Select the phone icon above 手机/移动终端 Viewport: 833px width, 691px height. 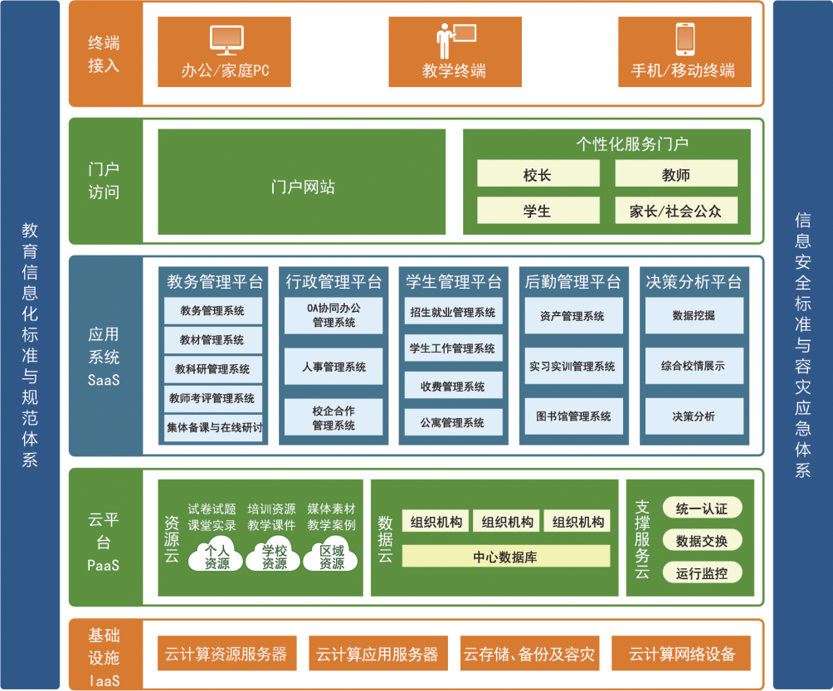pos(684,39)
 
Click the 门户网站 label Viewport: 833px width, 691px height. pos(302,187)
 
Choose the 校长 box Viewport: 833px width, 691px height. pos(538,174)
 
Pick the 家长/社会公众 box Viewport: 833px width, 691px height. pos(675,211)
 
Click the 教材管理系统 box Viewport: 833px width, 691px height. pos(212,340)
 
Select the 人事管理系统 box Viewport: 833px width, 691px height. pos(334,367)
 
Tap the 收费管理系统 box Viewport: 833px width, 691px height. pos(453,386)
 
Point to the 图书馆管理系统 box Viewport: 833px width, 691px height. pos(572,416)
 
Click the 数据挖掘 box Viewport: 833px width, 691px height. pos(694,316)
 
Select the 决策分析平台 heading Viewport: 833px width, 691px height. pos(694,282)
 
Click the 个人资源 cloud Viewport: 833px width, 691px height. pos(217,557)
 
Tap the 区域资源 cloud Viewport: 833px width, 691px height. pos(331,557)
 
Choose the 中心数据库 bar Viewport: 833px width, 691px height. pos(505,557)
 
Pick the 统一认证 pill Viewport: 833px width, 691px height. pos(702,509)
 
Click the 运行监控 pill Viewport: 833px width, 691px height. pos(702,572)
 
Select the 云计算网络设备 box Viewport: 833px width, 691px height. pos(682,655)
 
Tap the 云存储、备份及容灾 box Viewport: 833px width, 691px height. pos(529,655)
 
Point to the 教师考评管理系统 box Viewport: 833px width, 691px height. pos(212,398)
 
